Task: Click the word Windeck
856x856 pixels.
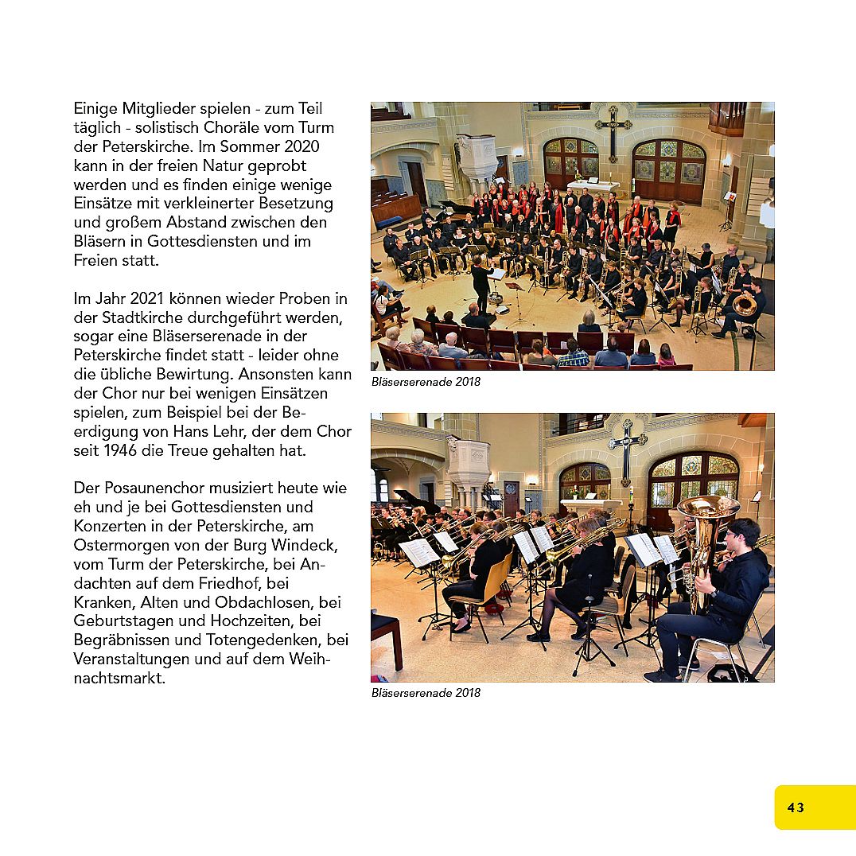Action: [305, 545]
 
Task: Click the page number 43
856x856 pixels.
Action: [796, 807]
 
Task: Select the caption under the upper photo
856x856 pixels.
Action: [426, 382]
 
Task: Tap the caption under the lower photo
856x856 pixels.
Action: [426, 693]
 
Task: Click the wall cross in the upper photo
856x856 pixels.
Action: [613, 130]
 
